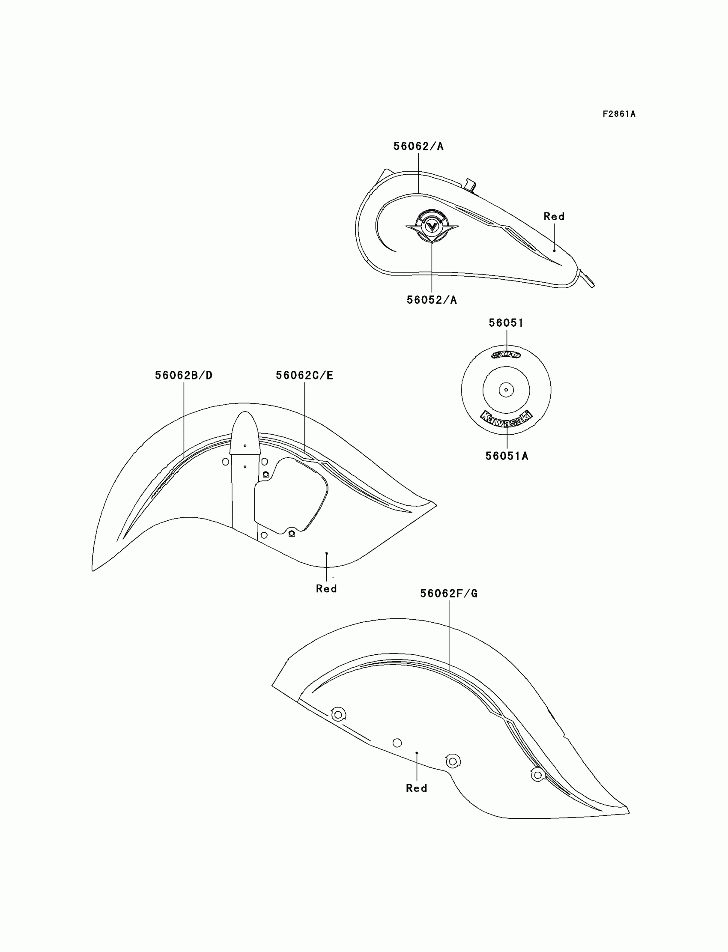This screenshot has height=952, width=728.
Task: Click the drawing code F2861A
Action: pyautogui.click(x=619, y=114)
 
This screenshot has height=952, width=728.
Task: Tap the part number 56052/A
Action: pyautogui.click(x=432, y=300)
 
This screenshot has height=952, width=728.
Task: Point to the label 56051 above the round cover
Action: pyautogui.click(x=506, y=323)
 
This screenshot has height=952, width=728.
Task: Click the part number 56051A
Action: pyautogui.click(x=507, y=456)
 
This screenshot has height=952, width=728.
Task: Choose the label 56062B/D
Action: pyautogui.click(x=184, y=375)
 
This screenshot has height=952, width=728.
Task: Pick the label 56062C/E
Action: pyautogui.click(x=304, y=375)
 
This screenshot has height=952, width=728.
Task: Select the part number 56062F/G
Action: pyautogui.click(x=448, y=594)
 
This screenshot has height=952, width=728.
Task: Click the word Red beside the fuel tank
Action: pyautogui.click(x=554, y=216)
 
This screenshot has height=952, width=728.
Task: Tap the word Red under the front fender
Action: pyautogui.click(x=326, y=588)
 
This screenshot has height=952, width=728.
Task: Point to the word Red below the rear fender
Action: pyautogui.click(x=416, y=788)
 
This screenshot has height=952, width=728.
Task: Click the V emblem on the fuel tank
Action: pyautogui.click(x=432, y=226)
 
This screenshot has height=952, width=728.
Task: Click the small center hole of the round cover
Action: pyautogui.click(x=506, y=390)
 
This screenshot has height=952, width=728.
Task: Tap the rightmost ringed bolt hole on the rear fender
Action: pyautogui.click(x=537, y=775)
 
